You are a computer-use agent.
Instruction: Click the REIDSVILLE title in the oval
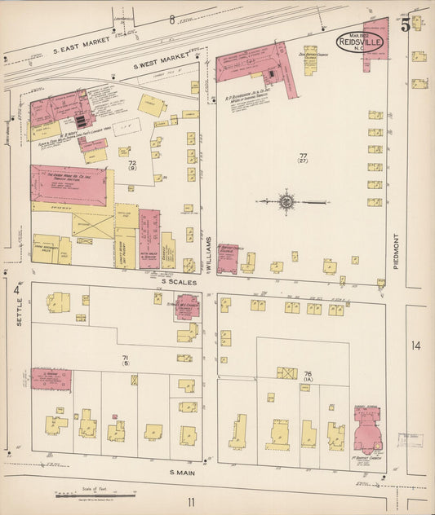coord(361,42)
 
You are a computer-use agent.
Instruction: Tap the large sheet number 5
coord(406,24)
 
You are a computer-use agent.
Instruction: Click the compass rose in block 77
coord(286,200)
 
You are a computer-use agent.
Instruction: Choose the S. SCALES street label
coord(174,281)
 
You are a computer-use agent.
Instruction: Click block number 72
coord(131,163)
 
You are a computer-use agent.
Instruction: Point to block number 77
coord(303,155)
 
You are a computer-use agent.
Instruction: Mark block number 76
coord(308,374)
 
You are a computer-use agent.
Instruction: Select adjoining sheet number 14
coord(416,346)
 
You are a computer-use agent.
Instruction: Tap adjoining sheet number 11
coord(191,501)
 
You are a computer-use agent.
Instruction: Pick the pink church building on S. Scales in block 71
coord(188,306)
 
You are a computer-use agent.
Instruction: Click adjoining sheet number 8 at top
coord(172,19)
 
